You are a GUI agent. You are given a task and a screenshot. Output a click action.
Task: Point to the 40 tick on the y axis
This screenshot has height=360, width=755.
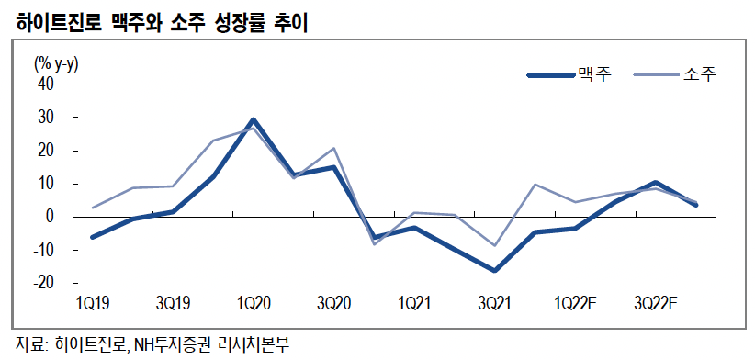click(46, 84)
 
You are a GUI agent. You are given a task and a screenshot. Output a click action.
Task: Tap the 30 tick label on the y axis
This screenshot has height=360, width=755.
click(46, 118)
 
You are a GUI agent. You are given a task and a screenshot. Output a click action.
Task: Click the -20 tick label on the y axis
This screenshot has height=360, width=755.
click(43, 283)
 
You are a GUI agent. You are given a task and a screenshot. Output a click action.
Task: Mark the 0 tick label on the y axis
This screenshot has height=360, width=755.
click(50, 217)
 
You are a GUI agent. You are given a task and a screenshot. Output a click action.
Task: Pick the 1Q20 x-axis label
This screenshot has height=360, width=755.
click(253, 303)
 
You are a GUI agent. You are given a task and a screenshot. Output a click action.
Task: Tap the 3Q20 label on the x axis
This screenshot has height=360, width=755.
click(333, 303)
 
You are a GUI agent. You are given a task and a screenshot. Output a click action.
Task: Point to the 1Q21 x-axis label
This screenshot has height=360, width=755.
click(414, 303)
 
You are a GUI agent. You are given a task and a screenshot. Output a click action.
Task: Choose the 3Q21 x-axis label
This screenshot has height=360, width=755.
click(495, 303)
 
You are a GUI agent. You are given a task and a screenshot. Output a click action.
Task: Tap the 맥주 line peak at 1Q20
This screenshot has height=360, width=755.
click(253, 120)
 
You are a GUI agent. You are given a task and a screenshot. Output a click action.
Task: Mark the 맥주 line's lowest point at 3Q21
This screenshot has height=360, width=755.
click(495, 270)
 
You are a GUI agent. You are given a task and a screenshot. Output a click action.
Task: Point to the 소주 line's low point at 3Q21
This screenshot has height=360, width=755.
click(495, 245)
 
